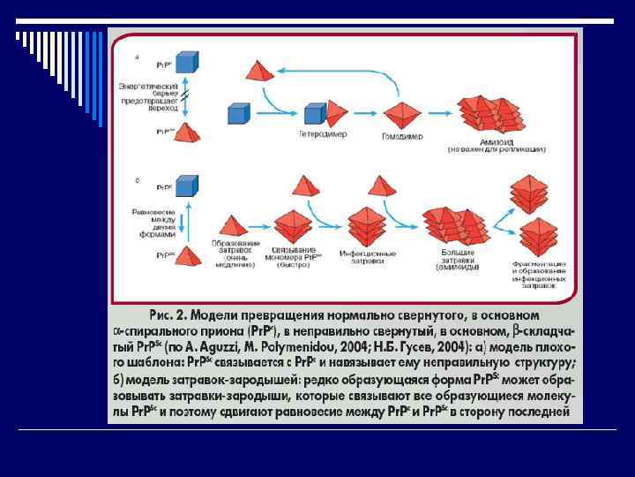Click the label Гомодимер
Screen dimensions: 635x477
pyautogui.click(x=402, y=137)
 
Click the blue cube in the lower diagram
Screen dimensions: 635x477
pyautogui.click(x=186, y=186)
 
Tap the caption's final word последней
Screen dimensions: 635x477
pyautogui.click(x=545, y=411)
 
